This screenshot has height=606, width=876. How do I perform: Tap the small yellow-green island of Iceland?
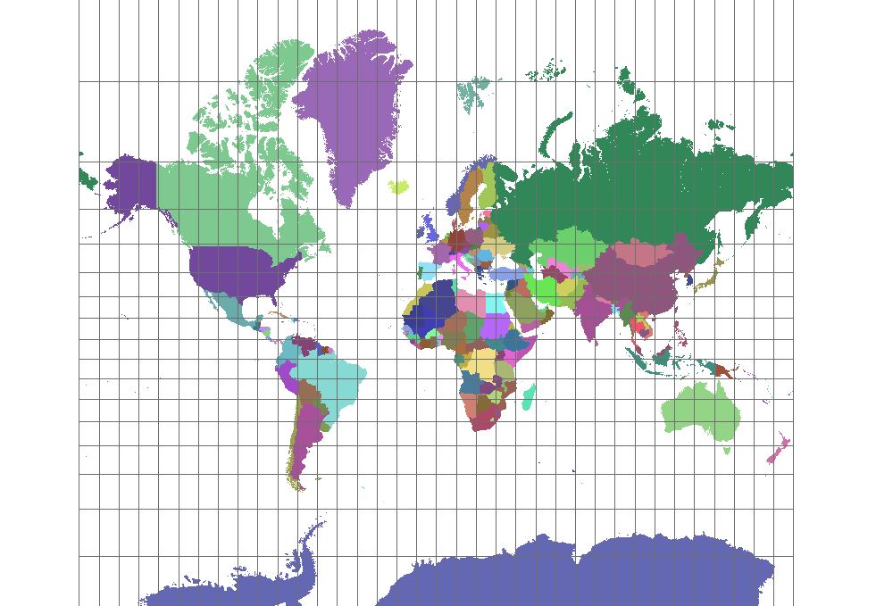(x=399, y=187)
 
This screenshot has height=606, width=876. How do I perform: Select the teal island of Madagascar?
(x=528, y=397)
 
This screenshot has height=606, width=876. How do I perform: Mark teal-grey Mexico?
(x=228, y=308)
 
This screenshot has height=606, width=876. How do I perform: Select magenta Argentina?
(x=305, y=437)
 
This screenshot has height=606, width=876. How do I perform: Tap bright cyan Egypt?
(x=496, y=301)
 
